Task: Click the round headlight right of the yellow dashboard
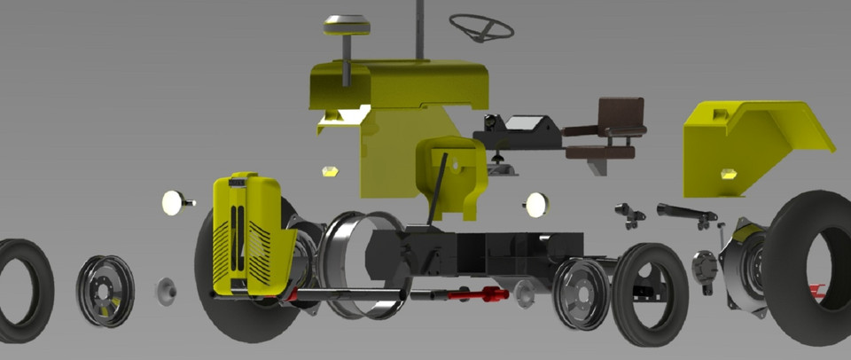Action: coord(536,205)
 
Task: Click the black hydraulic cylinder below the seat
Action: coord(685,212)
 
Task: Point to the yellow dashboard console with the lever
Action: coord(449,177)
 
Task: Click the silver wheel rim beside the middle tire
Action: coord(582,293)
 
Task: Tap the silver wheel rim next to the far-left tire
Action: coord(105,291)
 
